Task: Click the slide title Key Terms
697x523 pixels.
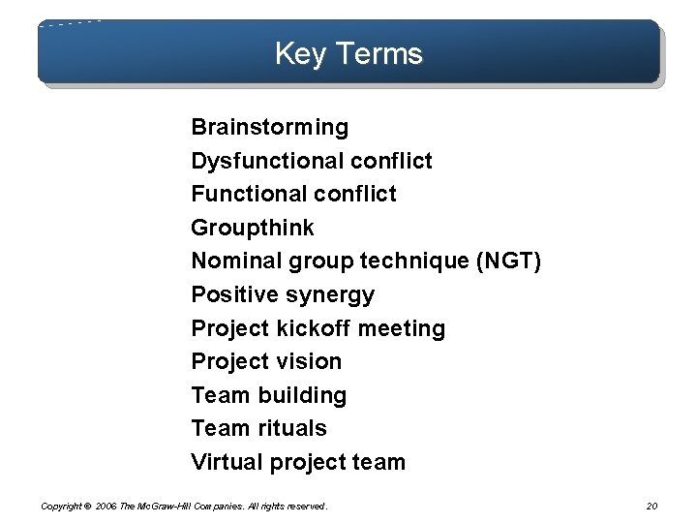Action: (348, 53)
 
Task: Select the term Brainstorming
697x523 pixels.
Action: (269, 127)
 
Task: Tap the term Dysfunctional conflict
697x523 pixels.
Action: (311, 161)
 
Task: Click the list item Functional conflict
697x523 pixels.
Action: (293, 194)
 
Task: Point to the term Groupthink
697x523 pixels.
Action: (252, 228)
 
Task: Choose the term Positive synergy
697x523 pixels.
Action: (282, 294)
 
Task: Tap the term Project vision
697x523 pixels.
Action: (266, 361)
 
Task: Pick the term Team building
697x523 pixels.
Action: (268, 395)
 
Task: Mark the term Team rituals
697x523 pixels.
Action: (258, 428)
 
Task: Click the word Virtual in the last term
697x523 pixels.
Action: (224, 462)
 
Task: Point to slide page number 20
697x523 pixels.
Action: (652, 506)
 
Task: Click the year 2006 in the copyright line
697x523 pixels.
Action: (107, 506)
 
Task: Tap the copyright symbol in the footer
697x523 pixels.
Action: (87, 506)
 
